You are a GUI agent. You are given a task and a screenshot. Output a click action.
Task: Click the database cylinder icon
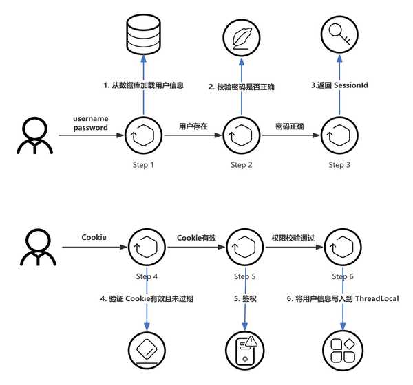point(143,36)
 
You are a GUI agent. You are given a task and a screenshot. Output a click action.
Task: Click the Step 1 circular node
point(143,136)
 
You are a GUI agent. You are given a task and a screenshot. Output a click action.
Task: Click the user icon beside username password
point(32,136)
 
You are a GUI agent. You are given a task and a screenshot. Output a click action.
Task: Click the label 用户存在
point(193,126)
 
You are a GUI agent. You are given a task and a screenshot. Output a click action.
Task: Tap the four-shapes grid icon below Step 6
point(342,351)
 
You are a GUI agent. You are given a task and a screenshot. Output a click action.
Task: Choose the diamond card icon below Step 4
point(147,351)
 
